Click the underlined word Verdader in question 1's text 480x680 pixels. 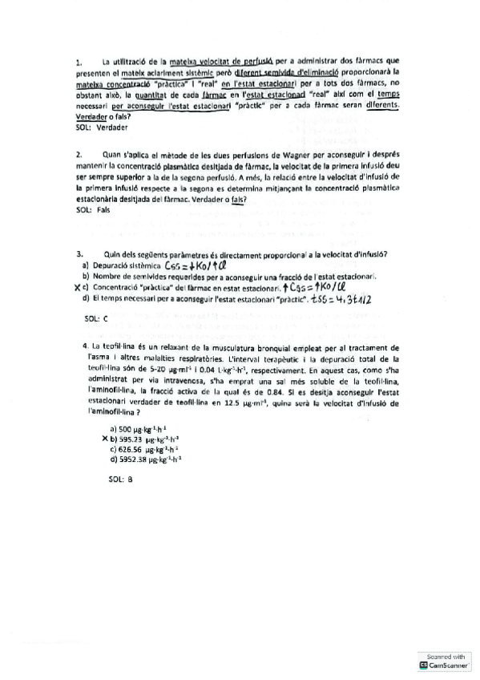pos(90,115)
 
